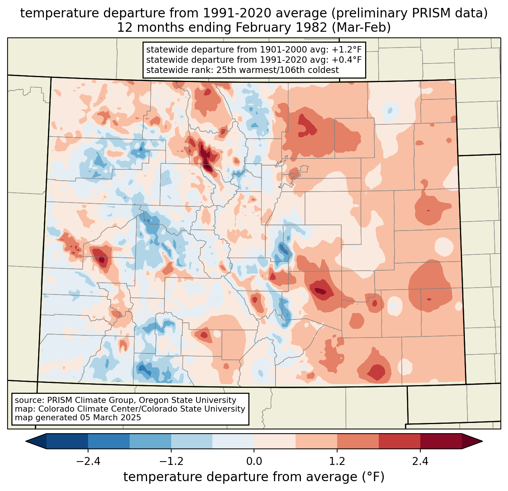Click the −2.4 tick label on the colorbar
click(x=88, y=462)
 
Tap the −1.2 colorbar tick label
click(x=171, y=462)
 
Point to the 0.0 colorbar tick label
click(x=254, y=462)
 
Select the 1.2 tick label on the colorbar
click(x=337, y=462)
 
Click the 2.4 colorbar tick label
click(x=420, y=462)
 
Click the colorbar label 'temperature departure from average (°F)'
click(x=254, y=477)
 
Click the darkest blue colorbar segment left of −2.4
click(x=67, y=441)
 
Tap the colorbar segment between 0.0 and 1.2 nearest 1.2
click(x=316, y=441)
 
